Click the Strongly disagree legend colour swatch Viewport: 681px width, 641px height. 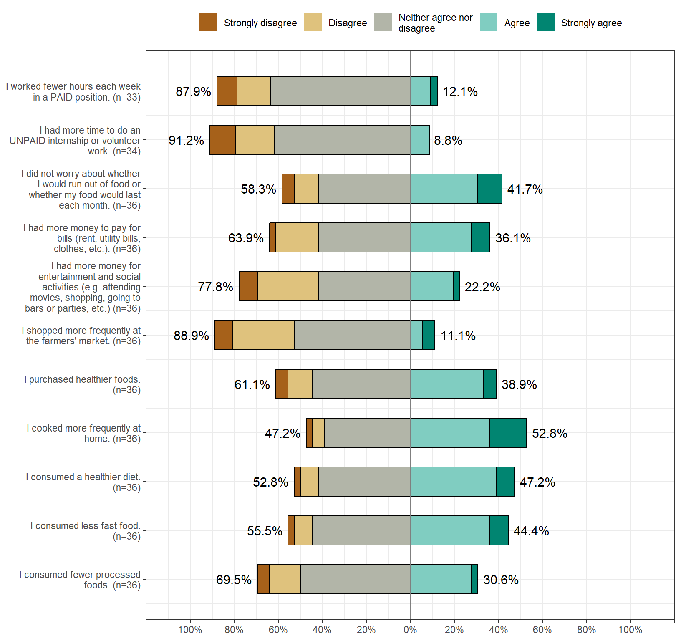tap(208, 22)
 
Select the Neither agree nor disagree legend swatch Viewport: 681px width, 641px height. tap(383, 22)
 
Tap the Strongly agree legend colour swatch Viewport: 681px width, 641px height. tap(545, 22)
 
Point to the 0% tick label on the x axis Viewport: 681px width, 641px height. tap(410, 630)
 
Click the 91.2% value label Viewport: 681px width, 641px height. tap(186, 140)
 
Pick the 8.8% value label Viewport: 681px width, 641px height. tap(448, 140)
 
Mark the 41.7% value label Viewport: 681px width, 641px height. tap(525, 189)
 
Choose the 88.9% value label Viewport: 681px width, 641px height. tap(191, 336)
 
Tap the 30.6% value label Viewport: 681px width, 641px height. tap(501, 580)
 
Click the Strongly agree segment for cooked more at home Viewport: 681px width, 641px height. tap(508, 433)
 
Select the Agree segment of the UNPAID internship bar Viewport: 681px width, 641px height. tap(420, 140)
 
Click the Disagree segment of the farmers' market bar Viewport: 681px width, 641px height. tap(263, 335)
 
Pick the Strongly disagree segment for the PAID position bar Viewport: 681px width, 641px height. tap(227, 91)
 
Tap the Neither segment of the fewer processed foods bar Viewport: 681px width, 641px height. tap(355, 579)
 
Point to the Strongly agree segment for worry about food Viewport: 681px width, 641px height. tap(490, 189)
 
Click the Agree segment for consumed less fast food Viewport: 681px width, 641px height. tap(450, 530)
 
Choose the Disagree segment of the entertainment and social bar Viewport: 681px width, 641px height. tap(288, 286)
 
